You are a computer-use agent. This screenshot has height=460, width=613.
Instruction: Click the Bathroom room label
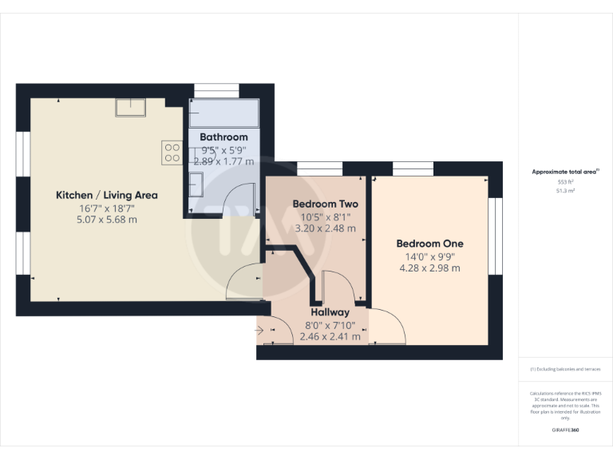coord(223,137)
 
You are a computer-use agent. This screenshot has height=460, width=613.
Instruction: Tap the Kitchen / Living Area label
coord(107,195)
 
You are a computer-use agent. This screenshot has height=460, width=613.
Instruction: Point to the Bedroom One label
coord(429,244)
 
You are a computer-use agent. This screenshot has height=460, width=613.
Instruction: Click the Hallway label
coord(330,312)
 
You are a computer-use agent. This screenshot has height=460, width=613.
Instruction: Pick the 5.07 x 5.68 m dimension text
coord(107,220)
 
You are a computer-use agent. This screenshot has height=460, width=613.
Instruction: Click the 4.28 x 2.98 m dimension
coord(429,268)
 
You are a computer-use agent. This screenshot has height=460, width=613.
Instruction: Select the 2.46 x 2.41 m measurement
coord(330,337)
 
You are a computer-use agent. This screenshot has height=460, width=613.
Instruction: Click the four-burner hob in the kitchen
coord(172,152)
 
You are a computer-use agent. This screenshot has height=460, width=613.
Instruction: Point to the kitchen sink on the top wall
coord(128,107)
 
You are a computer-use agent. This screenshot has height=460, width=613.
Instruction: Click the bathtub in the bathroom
coord(223,114)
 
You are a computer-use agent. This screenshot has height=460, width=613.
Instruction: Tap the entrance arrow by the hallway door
coord(261,328)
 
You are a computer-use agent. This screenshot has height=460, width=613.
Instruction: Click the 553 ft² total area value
coord(553,182)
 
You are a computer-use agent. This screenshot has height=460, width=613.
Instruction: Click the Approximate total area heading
coord(553,172)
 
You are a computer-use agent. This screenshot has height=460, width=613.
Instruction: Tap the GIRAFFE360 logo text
coord(566,430)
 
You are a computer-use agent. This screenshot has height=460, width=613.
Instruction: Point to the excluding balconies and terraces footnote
coord(565,369)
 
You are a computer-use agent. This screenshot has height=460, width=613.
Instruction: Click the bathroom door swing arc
coord(239,197)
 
